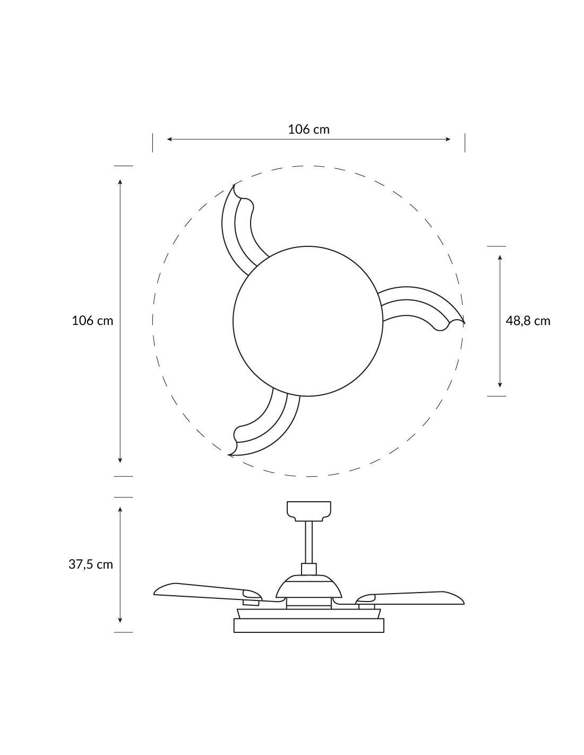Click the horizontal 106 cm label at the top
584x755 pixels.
click(308, 129)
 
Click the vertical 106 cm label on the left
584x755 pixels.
click(92, 320)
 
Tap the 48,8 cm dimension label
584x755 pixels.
click(528, 321)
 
